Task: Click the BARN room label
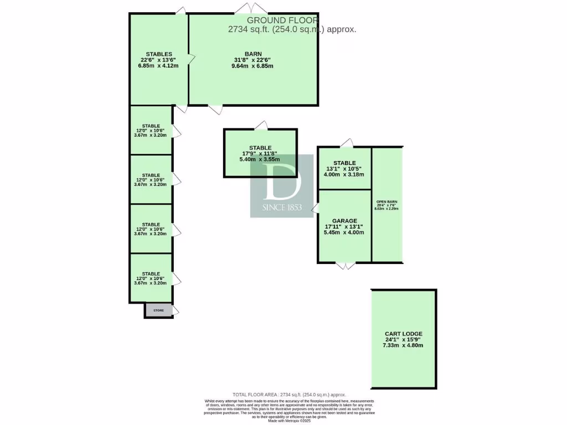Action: tap(253, 54)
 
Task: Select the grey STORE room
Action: tap(158, 310)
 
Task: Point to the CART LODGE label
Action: tap(404, 334)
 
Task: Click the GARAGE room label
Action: tap(344, 221)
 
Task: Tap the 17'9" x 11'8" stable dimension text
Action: tap(260, 154)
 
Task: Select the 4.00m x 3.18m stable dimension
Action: tap(344, 174)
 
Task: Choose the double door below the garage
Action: tap(344, 266)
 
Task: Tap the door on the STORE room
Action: tap(176, 310)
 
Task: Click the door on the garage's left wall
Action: tap(315, 209)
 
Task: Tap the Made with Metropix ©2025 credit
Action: tap(290, 421)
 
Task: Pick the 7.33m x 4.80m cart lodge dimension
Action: tap(403, 345)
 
